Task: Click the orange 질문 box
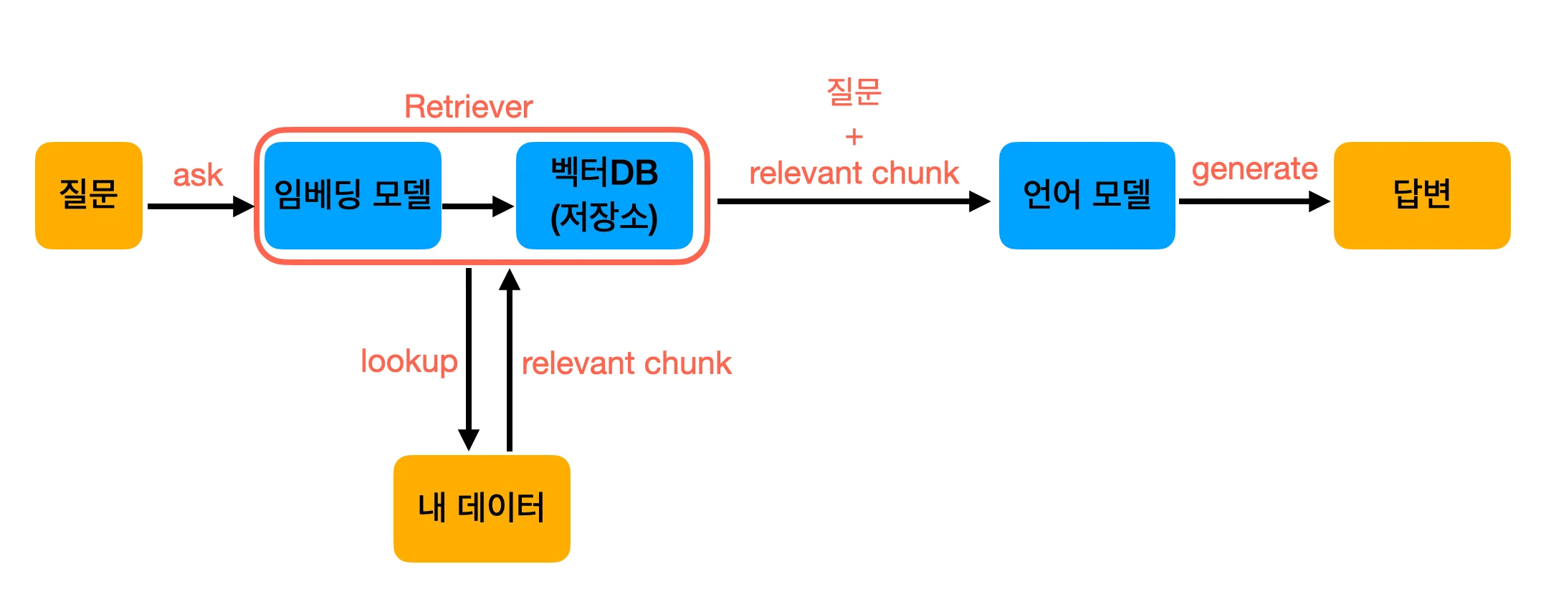click(89, 195)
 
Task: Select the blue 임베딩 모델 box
click(353, 195)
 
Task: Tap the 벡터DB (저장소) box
click(604, 195)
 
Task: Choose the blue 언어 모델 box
click(1087, 195)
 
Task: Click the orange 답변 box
click(1422, 195)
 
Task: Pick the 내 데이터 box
click(482, 508)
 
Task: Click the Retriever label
click(469, 107)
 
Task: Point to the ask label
click(198, 175)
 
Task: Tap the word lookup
click(409, 362)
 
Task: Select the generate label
click(1254, 169)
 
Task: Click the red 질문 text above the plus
click(854, 92)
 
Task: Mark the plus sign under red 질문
click(854, 136)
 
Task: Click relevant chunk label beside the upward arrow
click(626, 363)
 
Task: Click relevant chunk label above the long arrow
click(854, 173)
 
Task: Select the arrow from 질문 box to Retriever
click(201, 206)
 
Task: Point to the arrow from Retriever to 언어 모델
click(853, 201)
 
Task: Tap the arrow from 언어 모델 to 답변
click(1254, 201)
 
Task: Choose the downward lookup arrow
click(469, 358)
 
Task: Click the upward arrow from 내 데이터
click(510, 358)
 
